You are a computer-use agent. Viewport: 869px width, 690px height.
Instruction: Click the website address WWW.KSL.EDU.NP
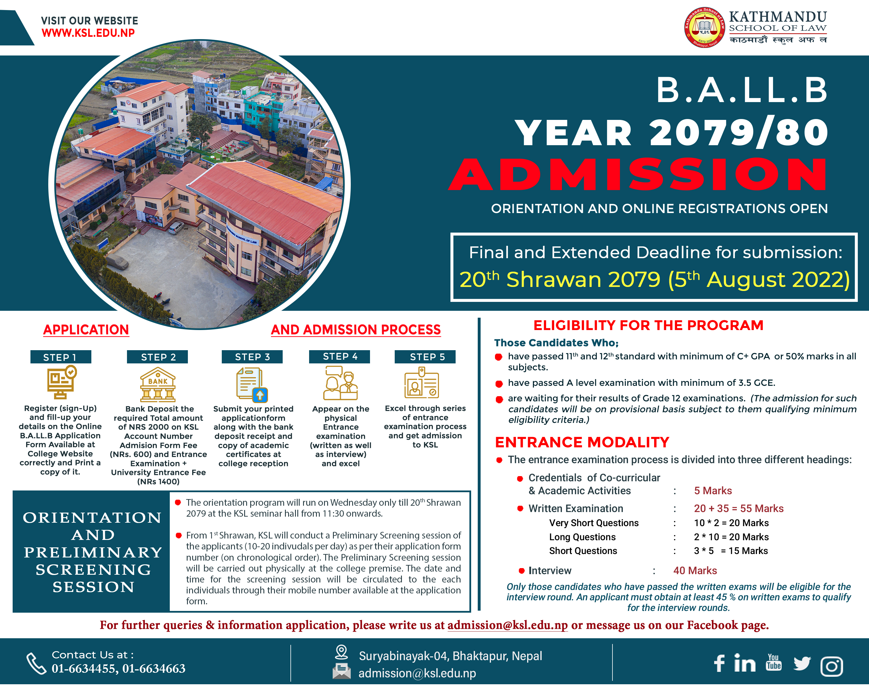pyautogui.click(x=88, y=33)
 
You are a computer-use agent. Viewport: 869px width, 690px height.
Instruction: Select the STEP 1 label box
pyautogui.click(x=60, y=357)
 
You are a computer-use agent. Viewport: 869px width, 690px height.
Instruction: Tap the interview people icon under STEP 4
pyautogui.click(x=341, y=383)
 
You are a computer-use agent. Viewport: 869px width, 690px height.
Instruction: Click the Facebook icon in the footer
pyautogui.click(x=719, y=663)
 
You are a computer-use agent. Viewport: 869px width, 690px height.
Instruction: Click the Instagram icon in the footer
pyautogui.click(x=832, y=666)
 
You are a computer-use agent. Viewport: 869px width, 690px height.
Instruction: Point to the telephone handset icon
pyautogui.click(x=36, y=663)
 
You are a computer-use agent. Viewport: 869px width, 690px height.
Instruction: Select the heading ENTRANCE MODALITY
pyautogui.click(x=582, y=442)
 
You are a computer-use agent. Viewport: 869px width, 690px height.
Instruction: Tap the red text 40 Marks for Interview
pyautogui.click(x=695, y=571)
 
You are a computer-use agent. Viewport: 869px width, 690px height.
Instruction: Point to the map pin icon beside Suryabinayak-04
pyautogui.click(x=341, y=652)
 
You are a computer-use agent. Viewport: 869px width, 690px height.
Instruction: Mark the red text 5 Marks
pyautogui.click(x=713, y=491)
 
